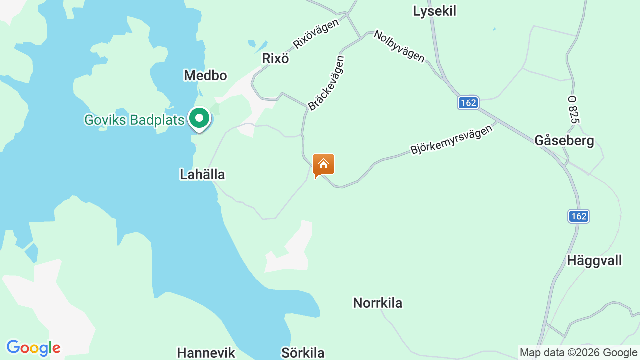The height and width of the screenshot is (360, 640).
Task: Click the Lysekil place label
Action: [x=434, y=11]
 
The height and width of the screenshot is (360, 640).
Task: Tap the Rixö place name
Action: [x=275, y=58]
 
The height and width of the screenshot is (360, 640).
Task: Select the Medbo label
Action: [x=205, y=75]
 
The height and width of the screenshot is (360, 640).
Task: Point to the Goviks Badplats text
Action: [x=134, y=120]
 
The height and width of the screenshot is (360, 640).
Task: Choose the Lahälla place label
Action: [x=202, y=174]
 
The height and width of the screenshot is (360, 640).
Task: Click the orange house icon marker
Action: [x=323, y=164]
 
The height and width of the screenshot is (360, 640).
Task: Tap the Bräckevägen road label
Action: [x=326, y=83]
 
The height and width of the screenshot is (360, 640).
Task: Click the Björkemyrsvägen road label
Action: [x=451, y=139]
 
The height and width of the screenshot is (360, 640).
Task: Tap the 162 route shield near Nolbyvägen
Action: [x=468, y=103]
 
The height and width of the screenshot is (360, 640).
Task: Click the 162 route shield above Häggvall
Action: [x=579, y=216]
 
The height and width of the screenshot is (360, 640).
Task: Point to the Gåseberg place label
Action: [x=564, y=141]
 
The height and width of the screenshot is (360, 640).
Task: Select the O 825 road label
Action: [x=573, y=110]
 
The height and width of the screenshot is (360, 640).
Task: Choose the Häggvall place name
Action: [x=594, y=260]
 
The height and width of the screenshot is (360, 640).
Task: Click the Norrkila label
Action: [x=377, y=303]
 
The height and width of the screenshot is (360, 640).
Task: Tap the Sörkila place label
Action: [x=303, y=353]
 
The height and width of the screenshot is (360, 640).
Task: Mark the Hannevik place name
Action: [x=206, y=353]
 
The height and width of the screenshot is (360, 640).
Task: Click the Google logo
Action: [x=33, y=348]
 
